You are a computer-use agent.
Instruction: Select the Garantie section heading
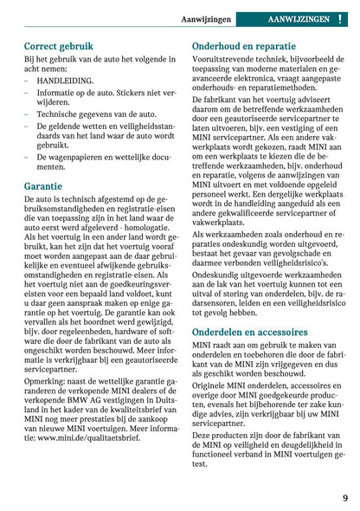pos(44,185)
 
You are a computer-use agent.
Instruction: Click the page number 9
pos(344,498)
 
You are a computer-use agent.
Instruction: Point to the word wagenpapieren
pos(87,156)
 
